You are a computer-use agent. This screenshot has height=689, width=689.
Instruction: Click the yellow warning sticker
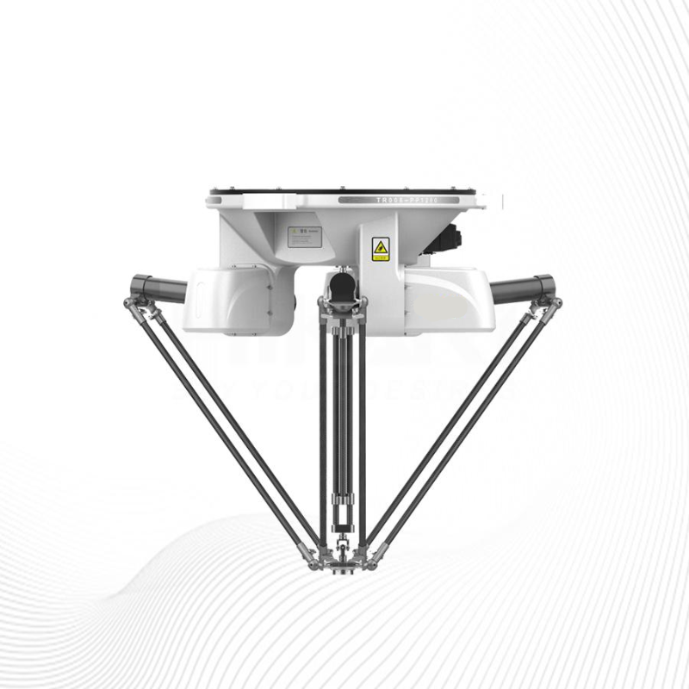click(x=380, y=249)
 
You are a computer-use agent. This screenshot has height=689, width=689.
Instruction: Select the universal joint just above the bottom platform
click(x=343, y=542)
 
